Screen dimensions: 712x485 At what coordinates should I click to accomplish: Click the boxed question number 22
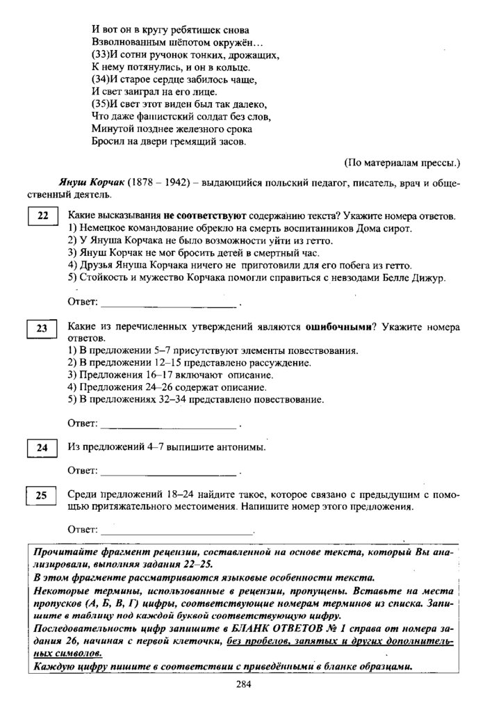click(x=42, y=217)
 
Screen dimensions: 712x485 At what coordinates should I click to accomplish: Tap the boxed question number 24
click(x=42, y=448)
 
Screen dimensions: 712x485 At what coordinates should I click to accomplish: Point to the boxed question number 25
click(x=42, y=495)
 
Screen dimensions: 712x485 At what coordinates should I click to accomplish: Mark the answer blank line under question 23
click(x=169, y=423)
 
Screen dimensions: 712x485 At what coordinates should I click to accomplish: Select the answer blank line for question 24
click(x=169, y=473)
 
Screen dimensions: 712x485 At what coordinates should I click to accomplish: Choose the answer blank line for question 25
click(x=169, y=531)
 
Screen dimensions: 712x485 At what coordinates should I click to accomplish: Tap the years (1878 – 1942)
click(x=158, y=182)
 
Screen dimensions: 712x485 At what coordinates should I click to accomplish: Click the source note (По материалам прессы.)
click(x=402, y=164)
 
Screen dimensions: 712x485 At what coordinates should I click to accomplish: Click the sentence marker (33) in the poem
click(x=99, y=54)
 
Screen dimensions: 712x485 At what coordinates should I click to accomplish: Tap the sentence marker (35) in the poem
click(x=99, y=104)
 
